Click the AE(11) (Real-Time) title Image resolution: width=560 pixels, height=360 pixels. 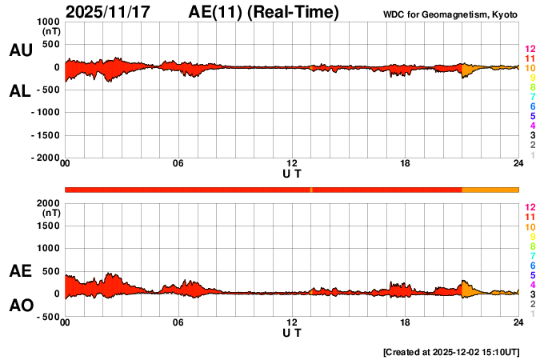click(264, 12)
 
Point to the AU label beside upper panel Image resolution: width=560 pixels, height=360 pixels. click(20, 50)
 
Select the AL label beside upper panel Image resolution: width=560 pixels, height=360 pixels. click(20, 91)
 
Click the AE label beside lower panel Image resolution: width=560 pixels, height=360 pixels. click(20, 271)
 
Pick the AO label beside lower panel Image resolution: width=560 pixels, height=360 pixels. click(20, 306)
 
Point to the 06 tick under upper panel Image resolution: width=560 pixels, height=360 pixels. click(178, 165)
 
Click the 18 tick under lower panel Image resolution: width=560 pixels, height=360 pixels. click(405, 322)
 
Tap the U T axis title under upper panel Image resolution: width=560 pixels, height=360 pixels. click(292, 174)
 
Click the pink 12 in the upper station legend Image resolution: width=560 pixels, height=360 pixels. click(529, 49)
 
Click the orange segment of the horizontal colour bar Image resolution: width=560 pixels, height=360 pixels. click(490, 189)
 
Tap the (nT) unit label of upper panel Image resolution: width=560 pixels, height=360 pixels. click(50, 33)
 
